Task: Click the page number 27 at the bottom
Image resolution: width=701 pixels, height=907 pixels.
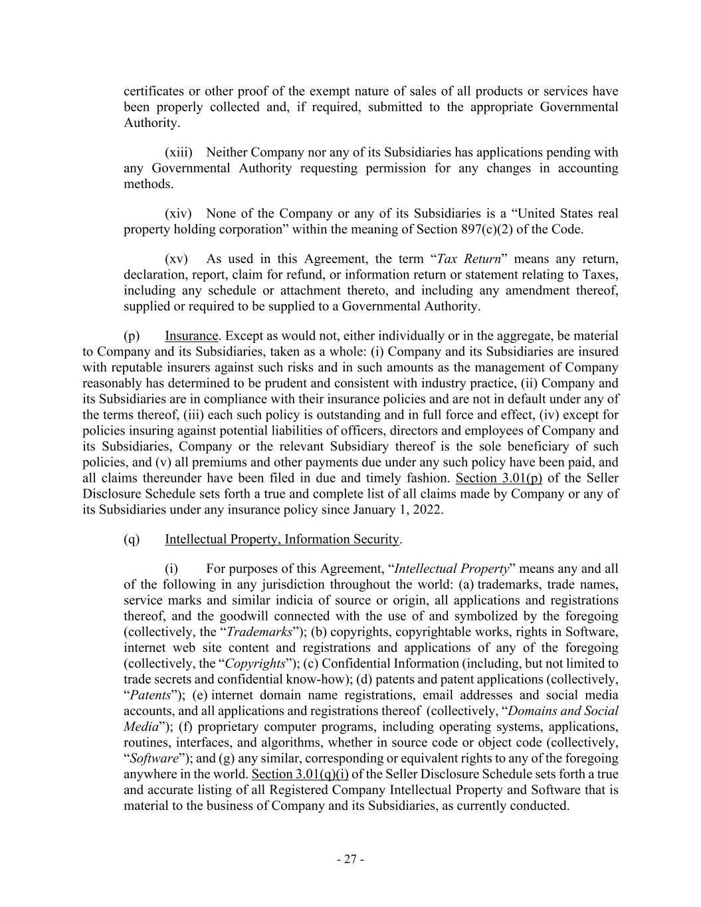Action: [350, 859]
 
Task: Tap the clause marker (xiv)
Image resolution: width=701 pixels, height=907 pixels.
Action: [178, 213]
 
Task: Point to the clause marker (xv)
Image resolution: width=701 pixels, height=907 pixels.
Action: [176, 258]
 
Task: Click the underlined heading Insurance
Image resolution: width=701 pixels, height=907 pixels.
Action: [191, 336]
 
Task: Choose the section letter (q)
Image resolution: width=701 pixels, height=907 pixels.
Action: [132, 539]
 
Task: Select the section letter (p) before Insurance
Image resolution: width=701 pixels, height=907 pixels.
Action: [132, 336]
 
